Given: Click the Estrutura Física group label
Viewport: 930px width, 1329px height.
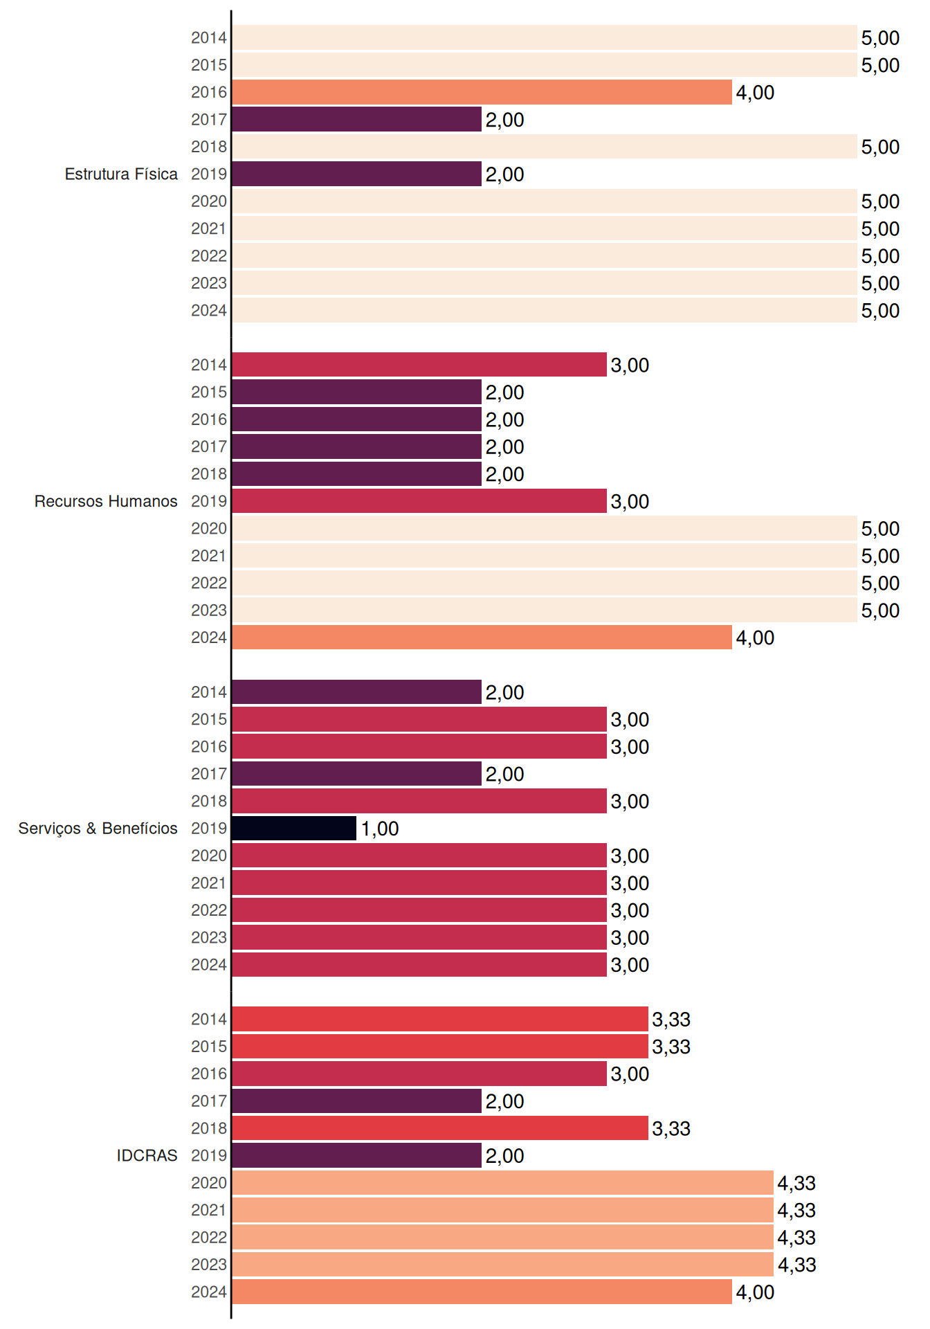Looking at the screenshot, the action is [121, 174].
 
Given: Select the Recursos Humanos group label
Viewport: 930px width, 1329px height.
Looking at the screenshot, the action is [106, 501].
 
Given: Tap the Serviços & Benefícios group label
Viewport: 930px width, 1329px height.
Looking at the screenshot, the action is [98, 829].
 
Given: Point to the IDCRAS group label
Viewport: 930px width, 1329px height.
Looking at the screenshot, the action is [147, 1155].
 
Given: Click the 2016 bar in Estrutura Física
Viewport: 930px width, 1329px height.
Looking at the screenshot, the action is [482, 92].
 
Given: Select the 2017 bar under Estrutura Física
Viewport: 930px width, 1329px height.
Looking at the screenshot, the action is [356, 119].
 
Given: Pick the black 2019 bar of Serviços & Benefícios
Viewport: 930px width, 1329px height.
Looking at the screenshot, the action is [294, 828].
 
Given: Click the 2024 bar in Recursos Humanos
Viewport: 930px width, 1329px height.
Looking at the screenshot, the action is [482, 637].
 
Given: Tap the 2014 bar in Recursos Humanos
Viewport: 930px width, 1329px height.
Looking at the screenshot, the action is [419, 364].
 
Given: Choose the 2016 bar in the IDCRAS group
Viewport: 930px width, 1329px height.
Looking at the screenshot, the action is [419, 1074].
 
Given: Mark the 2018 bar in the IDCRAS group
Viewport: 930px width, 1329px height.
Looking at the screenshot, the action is [440, 1128].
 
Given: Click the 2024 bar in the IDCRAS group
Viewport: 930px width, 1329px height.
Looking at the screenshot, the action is [482, 1292].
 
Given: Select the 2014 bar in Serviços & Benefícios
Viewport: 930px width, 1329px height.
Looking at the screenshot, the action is [356, 691].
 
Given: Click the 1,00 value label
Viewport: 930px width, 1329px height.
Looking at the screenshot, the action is [380, 829].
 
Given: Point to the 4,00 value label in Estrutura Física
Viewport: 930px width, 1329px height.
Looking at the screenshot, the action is [755, 93].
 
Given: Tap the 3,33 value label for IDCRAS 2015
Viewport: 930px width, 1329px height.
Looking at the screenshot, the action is [671, 1047].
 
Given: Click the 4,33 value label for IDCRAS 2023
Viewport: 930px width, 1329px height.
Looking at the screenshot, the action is [796, 1265].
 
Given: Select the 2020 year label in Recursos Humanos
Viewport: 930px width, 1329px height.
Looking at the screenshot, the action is [209, 528].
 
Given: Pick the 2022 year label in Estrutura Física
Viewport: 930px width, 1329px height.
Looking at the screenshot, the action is [209, 255].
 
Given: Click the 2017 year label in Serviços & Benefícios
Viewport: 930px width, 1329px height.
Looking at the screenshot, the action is [209, 773].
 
